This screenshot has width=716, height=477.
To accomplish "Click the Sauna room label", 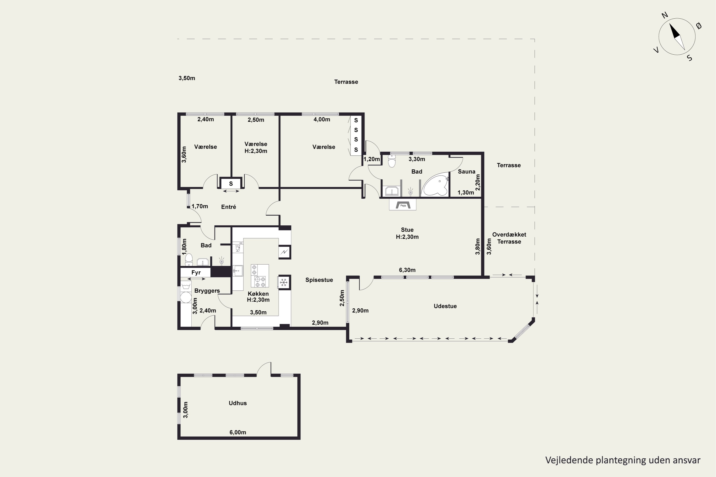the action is click(x=466, y=171).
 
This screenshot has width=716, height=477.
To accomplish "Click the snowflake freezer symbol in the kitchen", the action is click(x=284, y=283).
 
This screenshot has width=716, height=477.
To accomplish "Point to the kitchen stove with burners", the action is click(x=260, y=276).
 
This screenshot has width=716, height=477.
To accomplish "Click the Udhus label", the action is click(x=238, y=403).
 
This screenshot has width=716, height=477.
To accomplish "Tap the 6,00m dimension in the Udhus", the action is click(x=238, y=432).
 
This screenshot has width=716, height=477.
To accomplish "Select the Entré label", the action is click(x=229, y=207).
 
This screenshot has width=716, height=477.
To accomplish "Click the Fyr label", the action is click(x=196, y=273).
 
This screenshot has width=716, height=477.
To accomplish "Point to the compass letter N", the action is click(x=665, y=15).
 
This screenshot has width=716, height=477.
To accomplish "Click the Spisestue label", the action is click(x=319, y=280).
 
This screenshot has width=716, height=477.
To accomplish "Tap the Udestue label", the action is click(x=445, y=306).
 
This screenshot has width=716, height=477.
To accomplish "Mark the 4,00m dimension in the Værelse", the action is click(x=322, y=119).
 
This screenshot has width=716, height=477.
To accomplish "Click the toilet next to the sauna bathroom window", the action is click(x=392, y=161).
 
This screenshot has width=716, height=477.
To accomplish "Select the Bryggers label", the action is click(x=207, y=291).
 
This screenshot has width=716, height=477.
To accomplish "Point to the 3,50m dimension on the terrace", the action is click(x=187, y=78).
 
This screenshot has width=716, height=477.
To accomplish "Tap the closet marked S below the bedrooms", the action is click(x=231, y=184).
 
